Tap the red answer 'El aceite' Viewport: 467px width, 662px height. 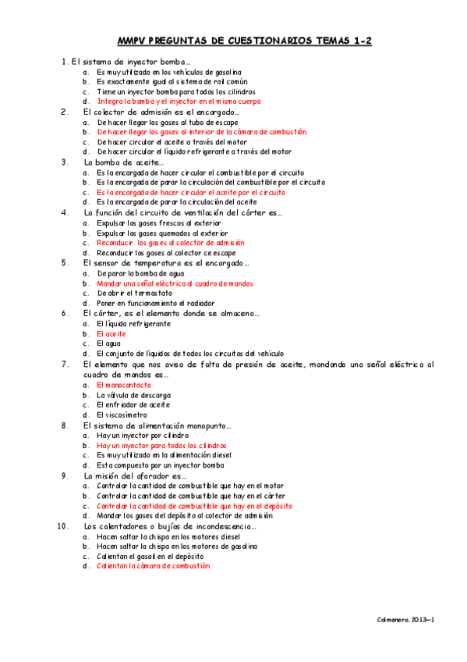[111, 333]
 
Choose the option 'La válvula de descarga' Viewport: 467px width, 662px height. [133, 395]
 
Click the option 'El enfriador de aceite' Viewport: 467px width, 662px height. [133, 404]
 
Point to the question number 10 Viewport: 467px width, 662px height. [64, 526]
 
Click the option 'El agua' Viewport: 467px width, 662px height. [109, 343]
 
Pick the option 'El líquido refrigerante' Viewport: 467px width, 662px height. [133, 323]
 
